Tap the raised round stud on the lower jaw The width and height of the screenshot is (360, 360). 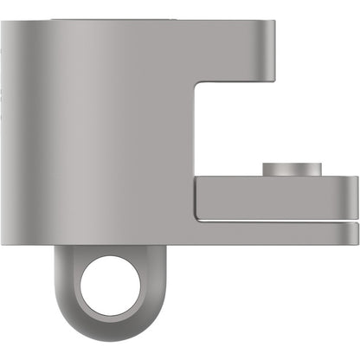pyautogui.click(x=293, y=169)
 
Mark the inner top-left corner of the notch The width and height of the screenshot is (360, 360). pyautogui.click(x=199, y=84)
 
